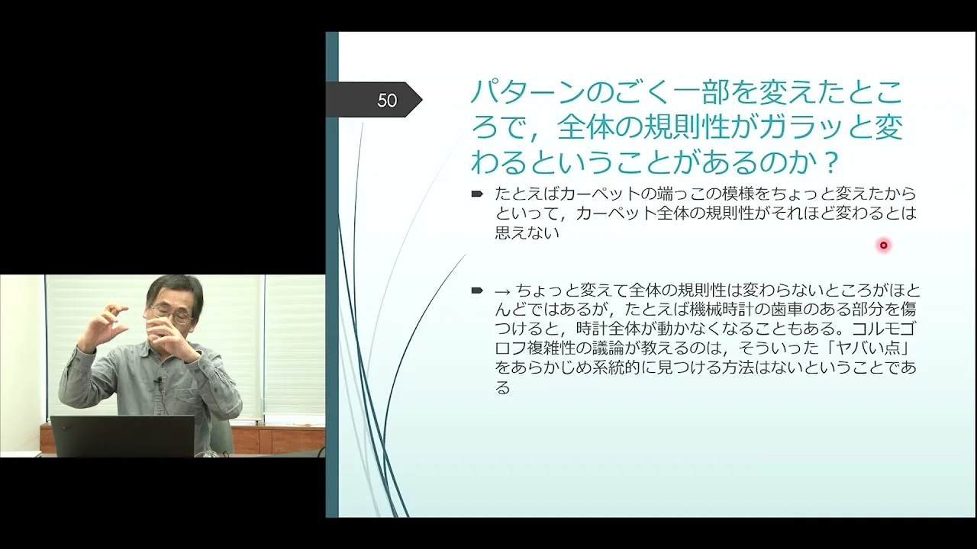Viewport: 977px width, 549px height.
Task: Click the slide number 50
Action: point(387,101)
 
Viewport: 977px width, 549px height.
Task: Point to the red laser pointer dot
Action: point(884,246)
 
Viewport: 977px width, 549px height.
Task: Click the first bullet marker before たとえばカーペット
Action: point(477,194)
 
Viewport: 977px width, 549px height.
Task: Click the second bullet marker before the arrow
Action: point(477,291)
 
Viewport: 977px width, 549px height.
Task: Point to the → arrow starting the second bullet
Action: point(502,291)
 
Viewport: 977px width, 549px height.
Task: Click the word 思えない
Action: point(527,233)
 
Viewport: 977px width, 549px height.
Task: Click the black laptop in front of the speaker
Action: point(123,436)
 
